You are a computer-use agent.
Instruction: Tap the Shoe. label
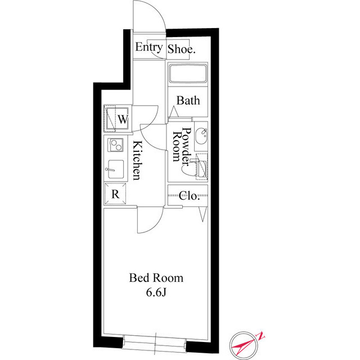(182, 49)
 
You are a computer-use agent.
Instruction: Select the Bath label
(188, 101)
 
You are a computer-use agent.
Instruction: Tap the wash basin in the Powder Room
(202, 135)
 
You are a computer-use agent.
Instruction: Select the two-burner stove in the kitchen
(116, 146)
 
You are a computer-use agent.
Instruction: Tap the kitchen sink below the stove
(116, 169)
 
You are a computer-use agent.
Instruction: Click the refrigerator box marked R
(115, 195)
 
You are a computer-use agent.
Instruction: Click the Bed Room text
(156, 278)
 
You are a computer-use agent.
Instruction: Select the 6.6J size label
(156, 292)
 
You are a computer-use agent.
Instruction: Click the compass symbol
(246, 343)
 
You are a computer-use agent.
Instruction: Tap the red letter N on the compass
(262, 336)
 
